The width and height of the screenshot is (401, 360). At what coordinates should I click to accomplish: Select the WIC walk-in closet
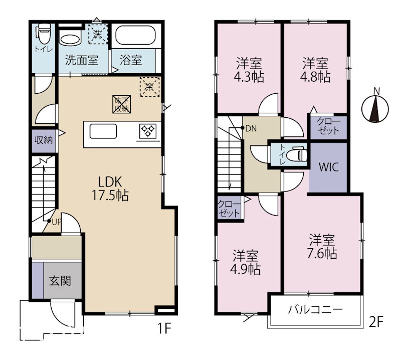328,167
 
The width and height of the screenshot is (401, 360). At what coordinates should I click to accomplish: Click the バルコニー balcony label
315,309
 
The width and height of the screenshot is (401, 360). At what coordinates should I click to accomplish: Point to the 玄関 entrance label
59,281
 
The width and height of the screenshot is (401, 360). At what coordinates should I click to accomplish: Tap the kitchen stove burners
149,132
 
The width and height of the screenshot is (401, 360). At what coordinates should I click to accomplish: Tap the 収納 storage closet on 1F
44,140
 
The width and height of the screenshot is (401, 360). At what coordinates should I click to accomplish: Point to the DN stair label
250,128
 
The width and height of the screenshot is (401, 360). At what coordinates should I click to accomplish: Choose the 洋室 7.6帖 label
322,246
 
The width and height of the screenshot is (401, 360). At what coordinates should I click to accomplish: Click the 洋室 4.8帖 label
315,70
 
